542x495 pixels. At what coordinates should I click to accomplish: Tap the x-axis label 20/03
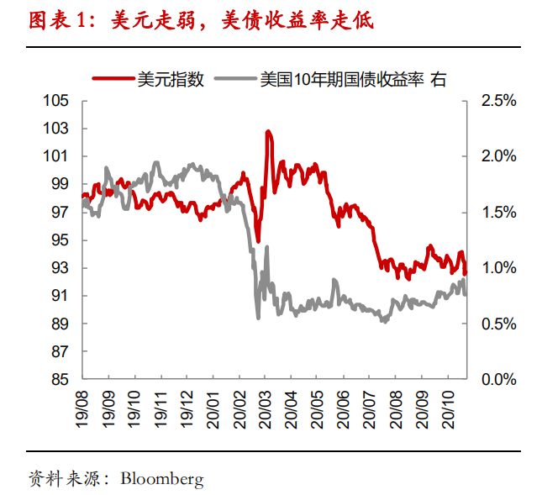point(265,407)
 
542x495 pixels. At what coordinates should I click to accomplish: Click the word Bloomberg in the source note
point(162,479)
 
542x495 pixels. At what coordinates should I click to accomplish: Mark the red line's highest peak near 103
point(267,132)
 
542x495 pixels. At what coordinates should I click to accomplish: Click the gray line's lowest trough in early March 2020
point(258,317)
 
